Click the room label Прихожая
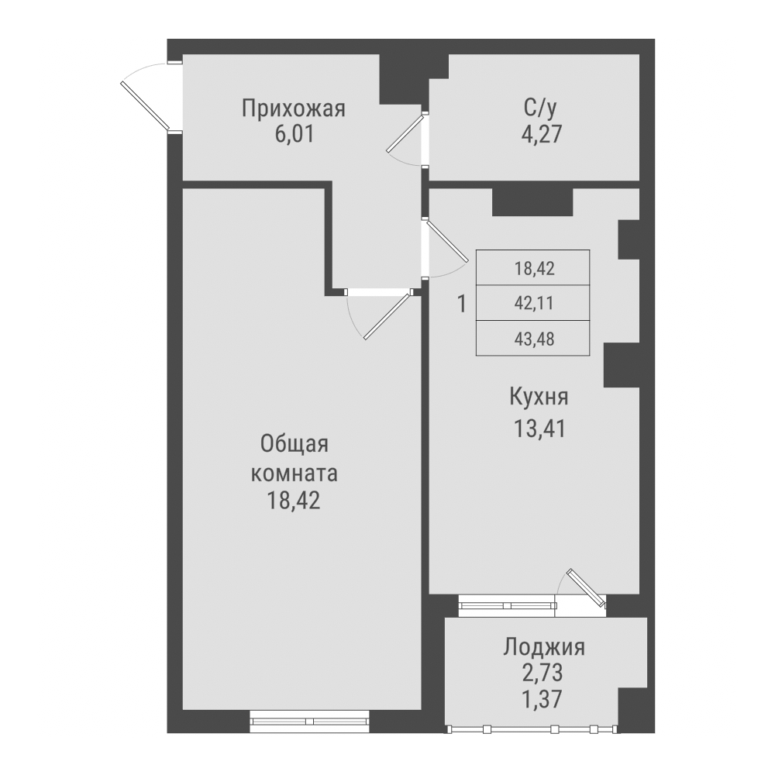click(x=292, y=108)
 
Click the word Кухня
click(x=539, y=398)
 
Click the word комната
click(x=294, y=472)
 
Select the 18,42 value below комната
click(x=294, y=500)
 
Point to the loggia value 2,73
click(x=543, y=671)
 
